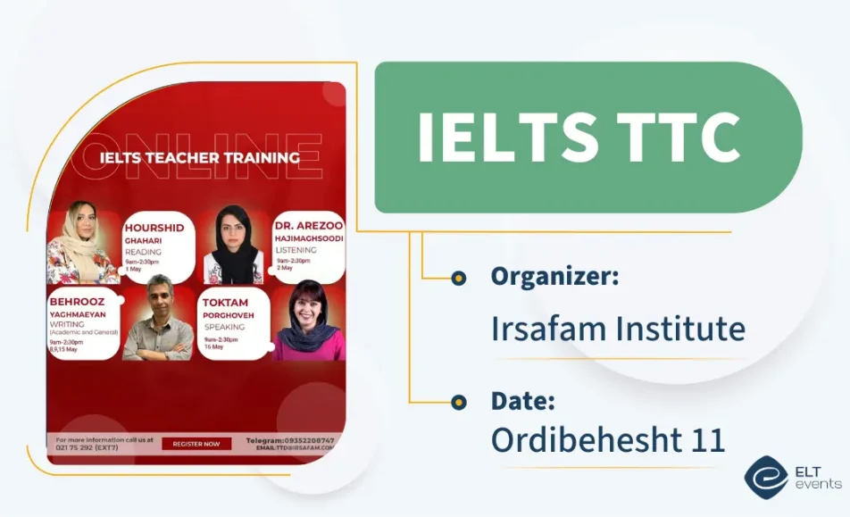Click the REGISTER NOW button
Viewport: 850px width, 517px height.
[196, 444]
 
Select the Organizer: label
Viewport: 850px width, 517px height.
[554, 277]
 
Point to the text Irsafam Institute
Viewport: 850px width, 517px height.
[618, 329]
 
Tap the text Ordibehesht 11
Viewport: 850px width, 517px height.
[608, 439]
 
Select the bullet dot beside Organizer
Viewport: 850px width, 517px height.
[459, 278]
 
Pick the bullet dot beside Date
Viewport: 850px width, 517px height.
[459, 402]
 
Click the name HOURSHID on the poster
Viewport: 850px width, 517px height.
[154, 228]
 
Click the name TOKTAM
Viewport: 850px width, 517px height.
[225, 303]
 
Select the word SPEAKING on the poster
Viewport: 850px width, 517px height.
[225, 327]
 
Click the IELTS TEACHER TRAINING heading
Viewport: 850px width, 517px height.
[199, 158]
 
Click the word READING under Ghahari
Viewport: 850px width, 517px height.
[143, 252]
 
